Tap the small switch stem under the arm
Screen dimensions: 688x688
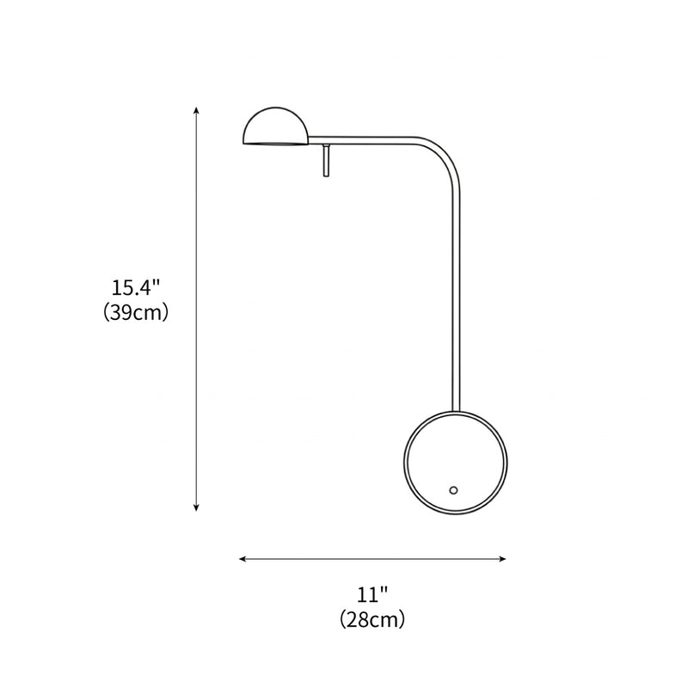coord(327,161)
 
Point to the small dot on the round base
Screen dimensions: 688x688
coord(453,490)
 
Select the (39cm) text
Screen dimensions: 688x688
coord(135,312)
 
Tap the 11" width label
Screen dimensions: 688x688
coord(372,593)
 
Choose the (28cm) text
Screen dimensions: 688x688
coord(372,618)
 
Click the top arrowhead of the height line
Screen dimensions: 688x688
coord(197,109)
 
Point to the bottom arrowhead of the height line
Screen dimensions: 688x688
coord(197,508)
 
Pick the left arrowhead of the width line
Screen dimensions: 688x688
coord(243,559)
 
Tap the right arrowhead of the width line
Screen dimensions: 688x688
coord(503,559)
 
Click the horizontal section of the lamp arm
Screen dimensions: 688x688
coord(370,138)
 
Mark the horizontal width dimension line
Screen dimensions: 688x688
coord(372,559)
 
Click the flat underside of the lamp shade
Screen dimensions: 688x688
coord(274,144)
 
